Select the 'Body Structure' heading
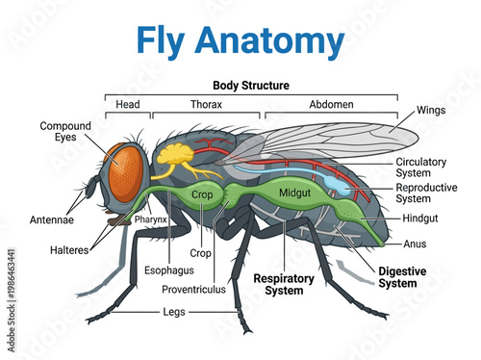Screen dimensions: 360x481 (250, 86)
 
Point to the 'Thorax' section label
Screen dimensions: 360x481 (206, 104)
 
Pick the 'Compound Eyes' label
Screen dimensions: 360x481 (65, 132)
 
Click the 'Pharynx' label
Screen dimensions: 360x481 (151, 219)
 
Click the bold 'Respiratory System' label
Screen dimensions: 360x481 (285, 283)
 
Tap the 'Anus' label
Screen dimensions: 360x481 (416, 243)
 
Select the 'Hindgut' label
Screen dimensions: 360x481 (420, 219)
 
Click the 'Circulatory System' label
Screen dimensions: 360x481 (425, 167)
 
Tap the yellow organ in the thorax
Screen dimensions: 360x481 (177, 154)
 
